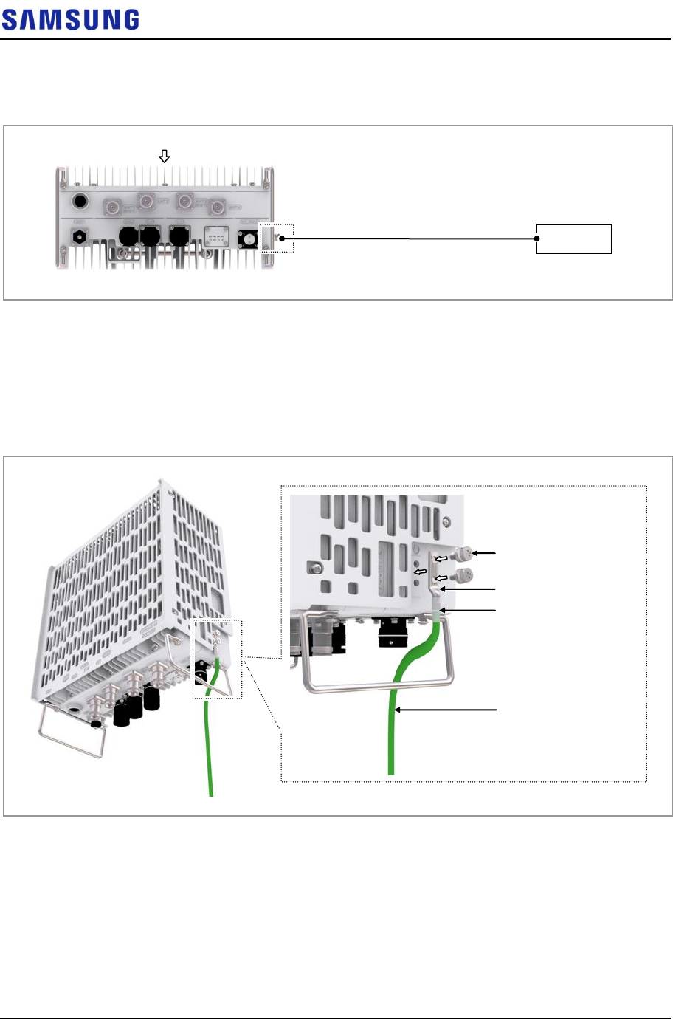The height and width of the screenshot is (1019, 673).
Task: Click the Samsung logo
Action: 70,20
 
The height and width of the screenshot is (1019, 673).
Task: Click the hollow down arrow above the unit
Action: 165,156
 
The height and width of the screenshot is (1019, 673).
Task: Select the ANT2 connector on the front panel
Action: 146,200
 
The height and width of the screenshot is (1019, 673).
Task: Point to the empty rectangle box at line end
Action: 574,239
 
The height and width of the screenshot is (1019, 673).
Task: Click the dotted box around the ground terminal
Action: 276,238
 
